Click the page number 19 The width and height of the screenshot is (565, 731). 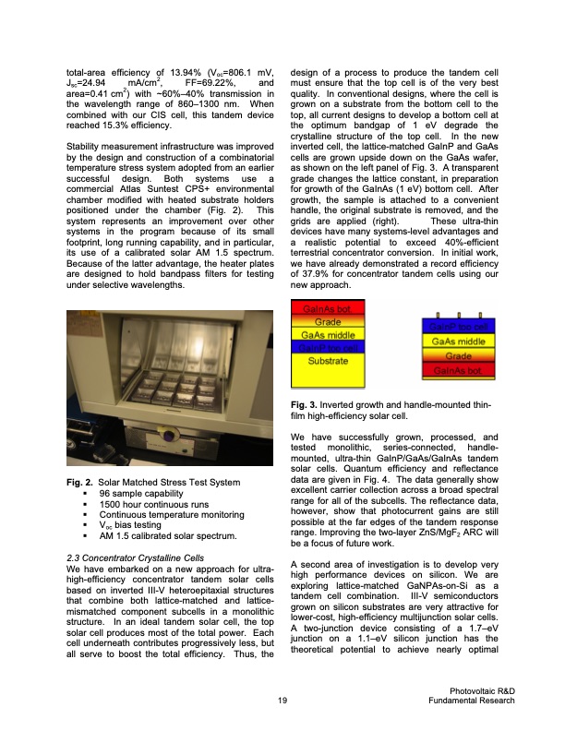point(282,702)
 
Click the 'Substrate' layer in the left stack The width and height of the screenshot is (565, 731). point(328,360)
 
